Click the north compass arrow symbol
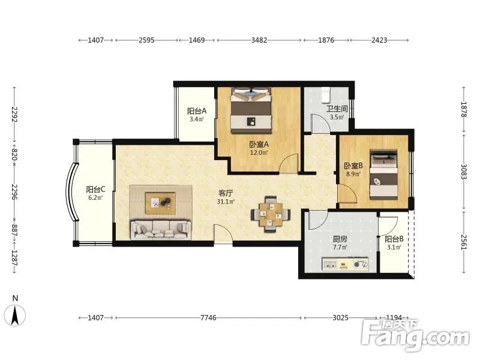click(x=14, y=316)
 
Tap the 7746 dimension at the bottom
click(x=208, y=318)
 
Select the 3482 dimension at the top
click(x=259, y=40)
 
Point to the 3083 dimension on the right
click(x=464, y=172)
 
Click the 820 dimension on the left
click(x=14, y=154)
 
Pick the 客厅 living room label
click(x=226, y=193)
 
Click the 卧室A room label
click(x=259, y=144)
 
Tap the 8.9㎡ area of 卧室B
click(x=353, y=174)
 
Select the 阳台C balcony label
click(x=96, y=190)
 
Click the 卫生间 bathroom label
click(x=337, y=109)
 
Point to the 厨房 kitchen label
click(x=340, y=239)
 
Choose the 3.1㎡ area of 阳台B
click(x=394, y=247)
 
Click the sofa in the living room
click(x=161, y=230)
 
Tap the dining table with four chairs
click(x=271, y=214)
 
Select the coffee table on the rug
click(x=160, y=203)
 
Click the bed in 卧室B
click(x=383, y=175)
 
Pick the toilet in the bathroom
click(x=325, y=95)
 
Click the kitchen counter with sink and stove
click(x=345, y=264)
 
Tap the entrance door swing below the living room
click(x=223, y=234)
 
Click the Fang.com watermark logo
click(x=415, y=336)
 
